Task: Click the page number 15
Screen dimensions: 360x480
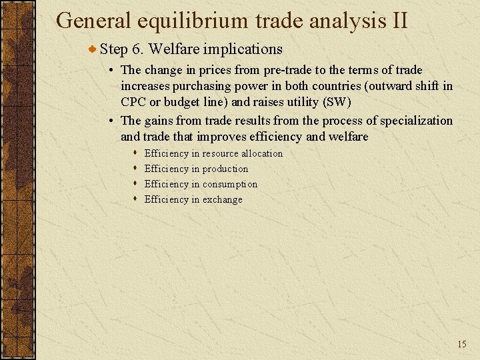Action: [x=462, y=344]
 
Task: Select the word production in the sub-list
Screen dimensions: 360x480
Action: [x=225, y=169]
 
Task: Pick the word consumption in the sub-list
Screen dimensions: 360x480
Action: [x=230, y=184]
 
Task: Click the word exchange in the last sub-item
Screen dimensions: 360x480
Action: [x=223, y=199]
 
